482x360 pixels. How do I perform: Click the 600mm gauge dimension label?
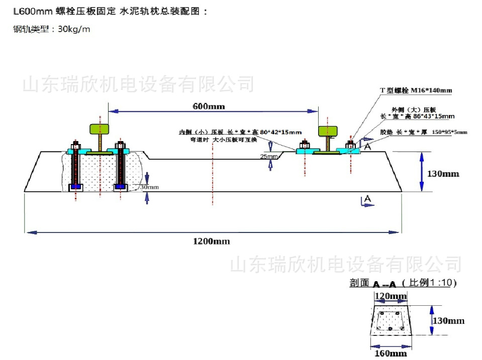point(209,106)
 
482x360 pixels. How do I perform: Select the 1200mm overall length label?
point(211,241)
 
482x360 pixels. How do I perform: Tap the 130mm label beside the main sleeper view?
point(443,174)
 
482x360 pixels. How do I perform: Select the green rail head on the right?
point(330,132)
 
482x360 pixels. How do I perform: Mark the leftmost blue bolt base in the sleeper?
point(76,187)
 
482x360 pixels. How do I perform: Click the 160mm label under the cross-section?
point(391,353)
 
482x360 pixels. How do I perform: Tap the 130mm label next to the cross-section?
point(448,320)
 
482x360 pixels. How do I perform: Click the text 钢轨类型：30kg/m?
point(52,29)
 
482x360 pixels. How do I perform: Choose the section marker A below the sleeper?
point(367,200)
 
